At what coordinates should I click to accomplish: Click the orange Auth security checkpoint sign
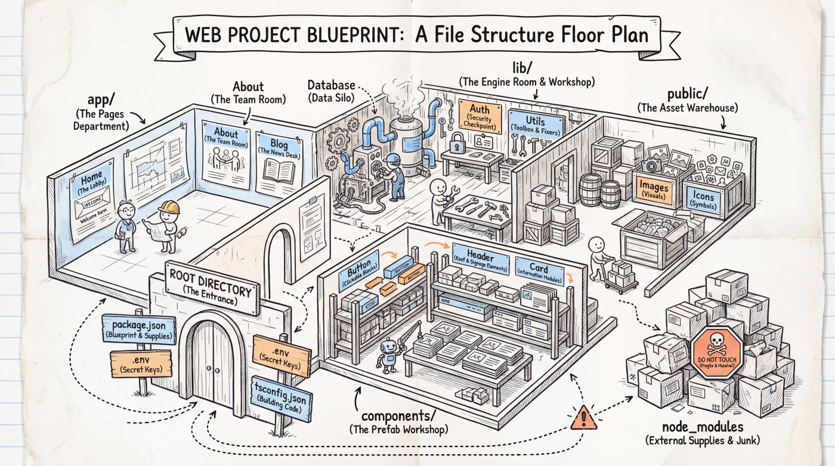480,116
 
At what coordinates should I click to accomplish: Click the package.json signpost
139,330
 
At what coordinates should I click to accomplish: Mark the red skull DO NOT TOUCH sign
716,353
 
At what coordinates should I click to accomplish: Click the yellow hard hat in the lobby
169,207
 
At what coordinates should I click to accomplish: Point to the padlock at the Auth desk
457,143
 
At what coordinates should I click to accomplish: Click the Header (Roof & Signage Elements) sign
480,260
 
